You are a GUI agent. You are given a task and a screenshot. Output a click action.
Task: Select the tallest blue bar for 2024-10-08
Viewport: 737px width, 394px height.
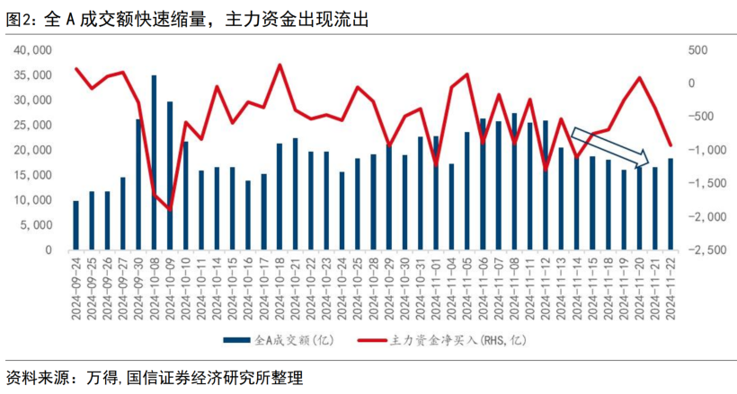(x=154, y=162)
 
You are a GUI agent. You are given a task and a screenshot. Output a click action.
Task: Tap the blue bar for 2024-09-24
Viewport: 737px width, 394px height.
(x=75, y=225)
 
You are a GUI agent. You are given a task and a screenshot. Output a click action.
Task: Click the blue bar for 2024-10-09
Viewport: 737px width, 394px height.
(x=170, y=175)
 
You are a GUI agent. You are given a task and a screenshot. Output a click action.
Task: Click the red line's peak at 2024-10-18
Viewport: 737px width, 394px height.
(x=280, y=66)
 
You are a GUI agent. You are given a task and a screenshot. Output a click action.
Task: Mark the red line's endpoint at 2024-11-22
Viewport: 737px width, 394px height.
(x=670, y=144)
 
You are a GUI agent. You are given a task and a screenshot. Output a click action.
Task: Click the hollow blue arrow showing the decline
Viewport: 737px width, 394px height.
(x=610, y=148)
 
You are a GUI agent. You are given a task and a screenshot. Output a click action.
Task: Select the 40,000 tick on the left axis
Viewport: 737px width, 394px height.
(x=34, y=50)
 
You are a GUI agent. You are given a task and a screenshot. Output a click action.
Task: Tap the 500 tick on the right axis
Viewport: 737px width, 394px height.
(x=699, y=50)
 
